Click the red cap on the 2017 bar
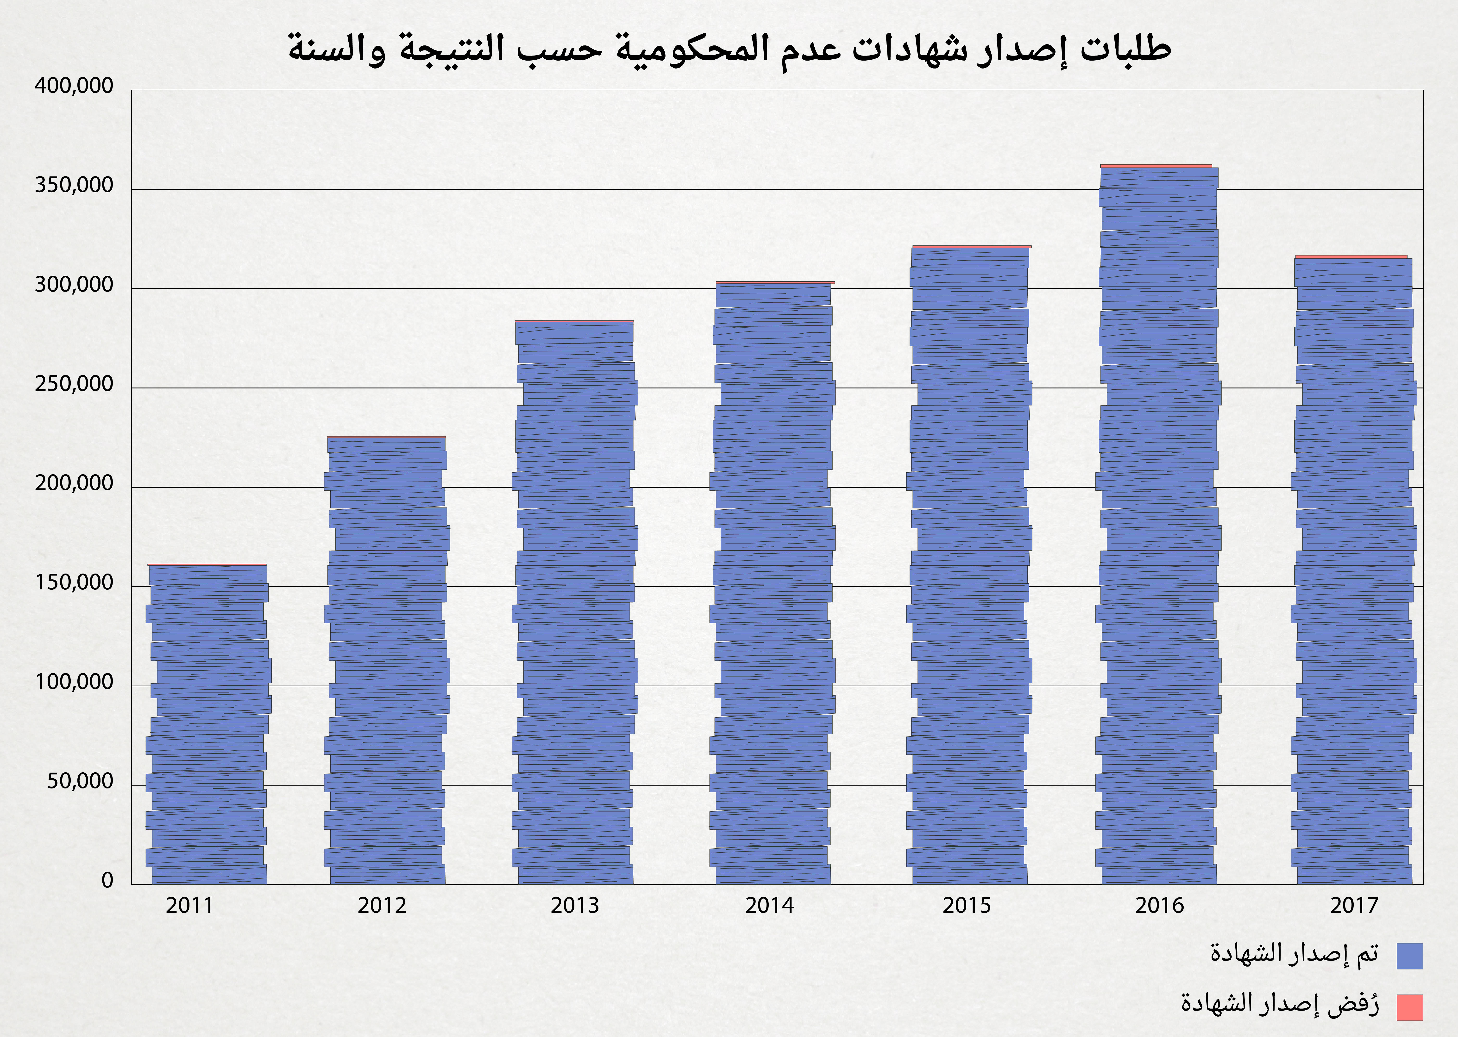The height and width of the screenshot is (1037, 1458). pyautogui.click(x=1351, y=257)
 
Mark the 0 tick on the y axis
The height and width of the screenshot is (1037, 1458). pyautogui.click(x=107, y=881)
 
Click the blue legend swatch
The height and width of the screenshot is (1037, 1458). pyautogui.click(x=1409, y=956)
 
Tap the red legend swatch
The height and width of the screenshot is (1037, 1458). pyautogui.click(x=1409, y=1007)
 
